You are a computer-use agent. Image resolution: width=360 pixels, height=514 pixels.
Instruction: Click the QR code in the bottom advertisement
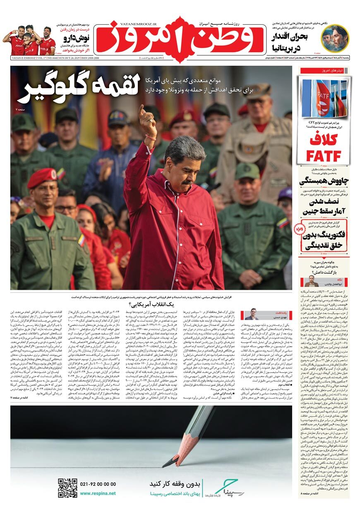pos(67,488)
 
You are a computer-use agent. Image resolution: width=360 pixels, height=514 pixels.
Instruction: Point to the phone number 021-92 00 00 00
pos(98,484)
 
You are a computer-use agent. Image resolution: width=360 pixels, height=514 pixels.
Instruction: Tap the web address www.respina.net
pos(98,493)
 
